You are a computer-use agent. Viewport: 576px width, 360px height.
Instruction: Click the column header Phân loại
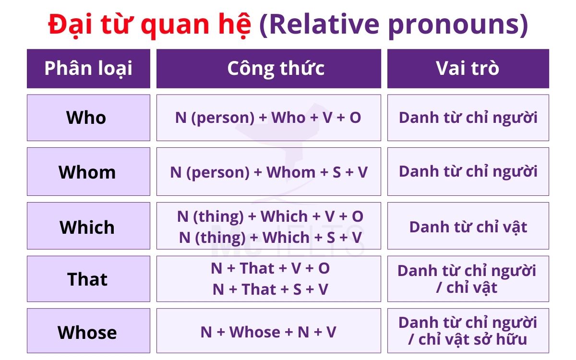(x=88, y=69)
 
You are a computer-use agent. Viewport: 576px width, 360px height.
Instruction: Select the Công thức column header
(x=276, y=69)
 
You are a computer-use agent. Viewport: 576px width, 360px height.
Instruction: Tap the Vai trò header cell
(x=468, y=69)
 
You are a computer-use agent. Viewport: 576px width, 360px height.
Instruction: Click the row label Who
(x=86, y=118)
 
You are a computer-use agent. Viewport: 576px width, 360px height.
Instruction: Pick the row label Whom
(x=87, y=172)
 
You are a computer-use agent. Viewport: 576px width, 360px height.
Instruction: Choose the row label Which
(x=87, y=227)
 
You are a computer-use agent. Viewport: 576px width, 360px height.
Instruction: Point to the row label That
(x=87, y=279)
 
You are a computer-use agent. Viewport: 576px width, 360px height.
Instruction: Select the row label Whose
(x=87, y=332)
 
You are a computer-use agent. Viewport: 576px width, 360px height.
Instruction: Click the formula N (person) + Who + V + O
(x=268, y=118)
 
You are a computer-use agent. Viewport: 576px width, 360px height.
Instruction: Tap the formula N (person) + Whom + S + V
(x=269, y=172)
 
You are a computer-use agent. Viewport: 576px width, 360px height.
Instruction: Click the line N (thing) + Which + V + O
(x=270, y=216)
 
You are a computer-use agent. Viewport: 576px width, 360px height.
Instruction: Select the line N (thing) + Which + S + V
(x=270, y=237)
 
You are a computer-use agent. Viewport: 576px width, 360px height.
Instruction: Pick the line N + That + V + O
(x=270, y=268)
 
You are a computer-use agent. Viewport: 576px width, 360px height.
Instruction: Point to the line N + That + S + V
(x=270, y=289)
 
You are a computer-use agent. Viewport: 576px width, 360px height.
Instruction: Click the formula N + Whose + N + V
(x=268, y=332)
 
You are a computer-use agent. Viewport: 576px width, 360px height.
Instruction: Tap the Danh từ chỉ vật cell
(x=468, y=227)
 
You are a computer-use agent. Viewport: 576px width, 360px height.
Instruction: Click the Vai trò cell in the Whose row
(x=468, y=331)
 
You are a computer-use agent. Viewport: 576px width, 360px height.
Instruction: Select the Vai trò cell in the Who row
(x=468, y=118)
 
